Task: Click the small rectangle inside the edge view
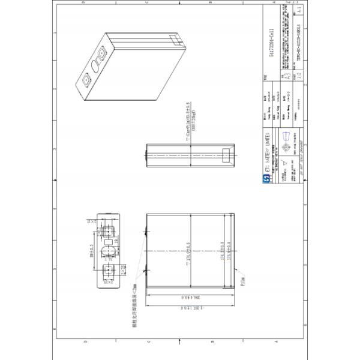click(229, 154)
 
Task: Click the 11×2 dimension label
click(92, 221)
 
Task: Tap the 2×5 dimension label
click(122, 270)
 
